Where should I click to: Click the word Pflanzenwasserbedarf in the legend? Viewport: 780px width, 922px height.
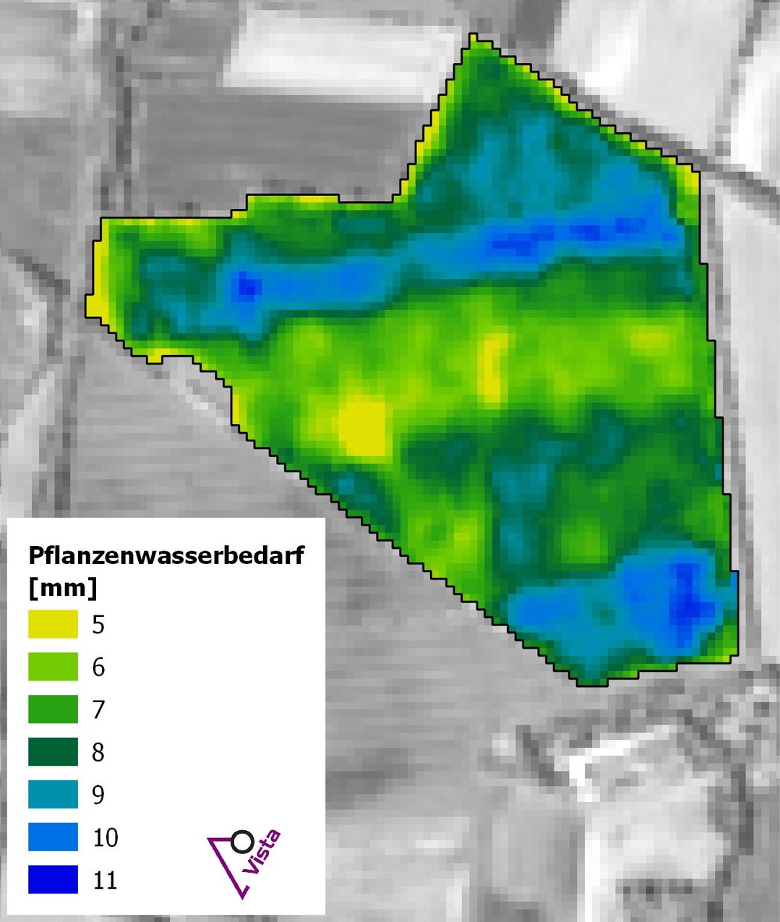coord(166,555)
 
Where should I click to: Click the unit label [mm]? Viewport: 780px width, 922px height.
coord(62,587)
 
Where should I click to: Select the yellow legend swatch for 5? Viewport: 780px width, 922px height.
coord(53,624)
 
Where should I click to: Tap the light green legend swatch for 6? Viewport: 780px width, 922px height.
coord(53,667)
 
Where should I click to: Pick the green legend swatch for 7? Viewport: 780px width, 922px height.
coord(53,709)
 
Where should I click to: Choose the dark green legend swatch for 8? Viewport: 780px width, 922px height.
coord(53,752)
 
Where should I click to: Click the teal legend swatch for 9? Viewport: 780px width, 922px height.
coord(53,795)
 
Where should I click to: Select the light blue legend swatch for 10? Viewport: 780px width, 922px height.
coord(53,837)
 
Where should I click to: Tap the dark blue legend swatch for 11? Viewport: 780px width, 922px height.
coord(53,880)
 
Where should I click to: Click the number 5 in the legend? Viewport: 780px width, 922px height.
coord(99,625)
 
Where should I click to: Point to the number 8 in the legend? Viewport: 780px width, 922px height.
coord(99,753)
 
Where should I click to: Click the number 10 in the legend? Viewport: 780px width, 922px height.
coord(106,837)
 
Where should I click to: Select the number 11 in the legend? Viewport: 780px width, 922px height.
coord(106,880)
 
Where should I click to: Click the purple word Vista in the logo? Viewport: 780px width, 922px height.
coord(262,853)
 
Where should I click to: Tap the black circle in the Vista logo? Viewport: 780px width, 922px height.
coord(243,842)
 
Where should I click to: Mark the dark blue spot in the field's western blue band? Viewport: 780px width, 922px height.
coord(247,285)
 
